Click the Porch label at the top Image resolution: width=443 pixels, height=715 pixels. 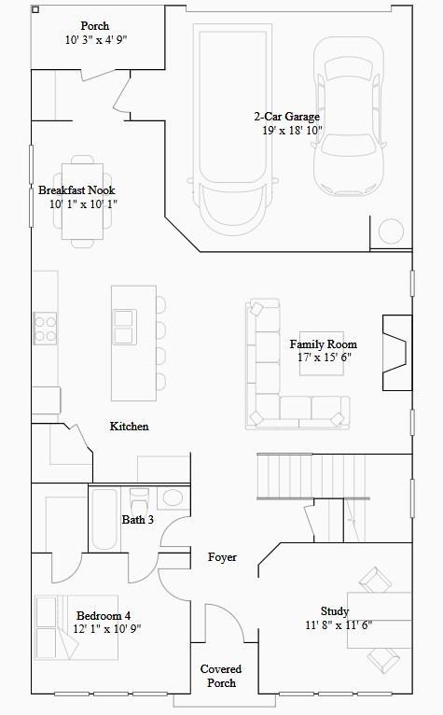tap(95, 26)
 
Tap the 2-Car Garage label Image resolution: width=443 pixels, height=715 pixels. tap(286, 117)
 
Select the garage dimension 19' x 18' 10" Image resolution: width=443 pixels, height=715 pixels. tap(292, 131)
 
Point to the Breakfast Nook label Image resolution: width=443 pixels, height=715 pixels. tap(76, 189)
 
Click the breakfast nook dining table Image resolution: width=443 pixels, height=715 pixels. tap(82, 201)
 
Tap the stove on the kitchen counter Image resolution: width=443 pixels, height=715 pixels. tap(45, 327)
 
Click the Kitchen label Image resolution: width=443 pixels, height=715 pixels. tap(129, 427)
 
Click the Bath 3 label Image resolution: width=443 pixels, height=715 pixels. tap(137, 519)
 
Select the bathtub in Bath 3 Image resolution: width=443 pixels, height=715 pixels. tap(104, 519)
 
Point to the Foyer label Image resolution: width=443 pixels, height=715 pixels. tap(222, 557)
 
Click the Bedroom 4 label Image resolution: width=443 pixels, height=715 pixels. tap(104, 615)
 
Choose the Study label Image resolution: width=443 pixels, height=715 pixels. tap(335, 611)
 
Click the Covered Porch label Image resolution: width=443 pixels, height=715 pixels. tap(221, 676)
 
